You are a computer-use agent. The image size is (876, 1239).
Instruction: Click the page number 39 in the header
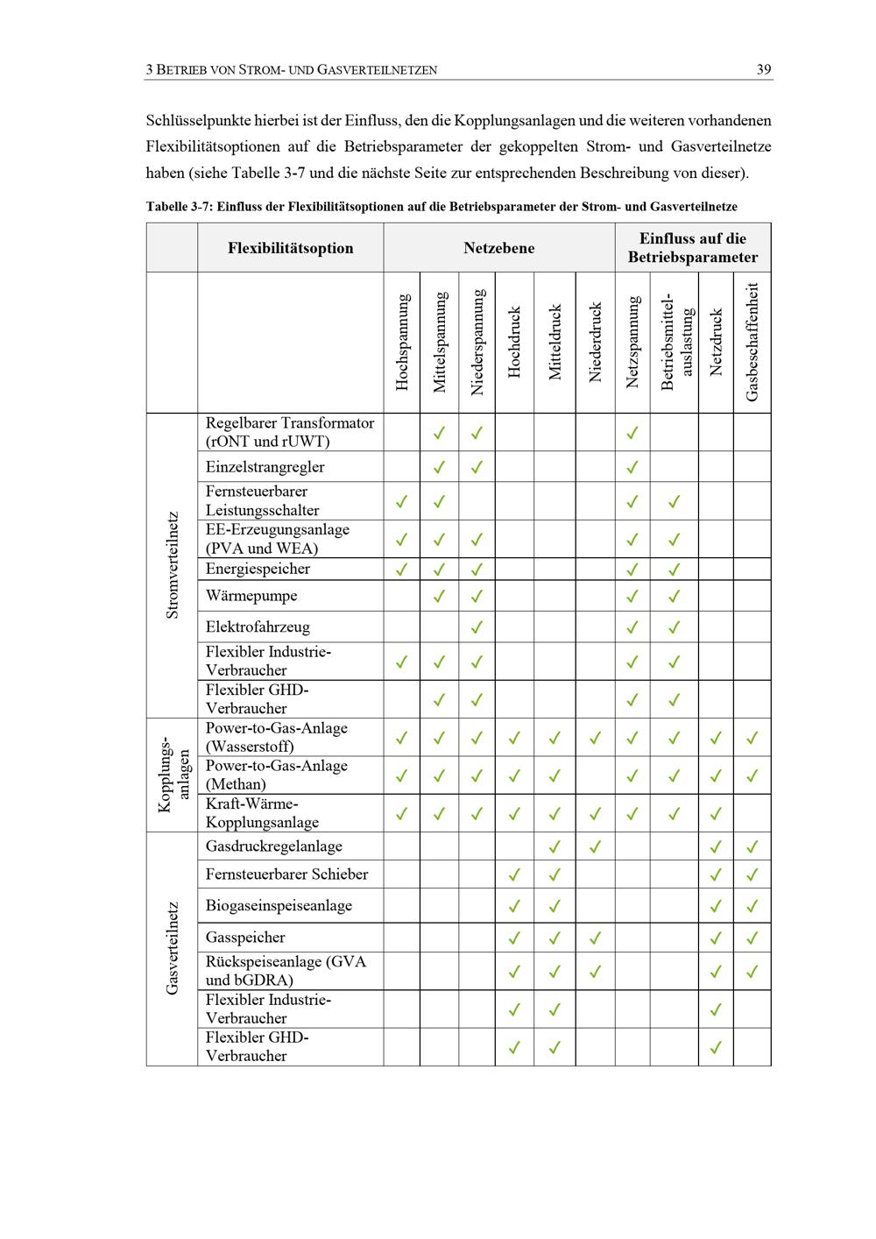(x=764, y=70)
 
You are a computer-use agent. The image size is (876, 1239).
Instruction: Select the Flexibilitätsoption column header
(x=290, y=248)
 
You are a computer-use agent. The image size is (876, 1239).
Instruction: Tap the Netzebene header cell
(x=498, y=248)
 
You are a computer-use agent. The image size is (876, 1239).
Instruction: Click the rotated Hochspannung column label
(x=402, y=342)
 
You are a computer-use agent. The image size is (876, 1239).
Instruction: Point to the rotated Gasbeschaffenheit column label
(x=752, y=342)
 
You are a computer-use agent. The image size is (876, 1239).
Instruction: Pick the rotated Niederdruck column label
(x=596, y=342)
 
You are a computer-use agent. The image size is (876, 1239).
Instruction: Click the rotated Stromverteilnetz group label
(x=172, y=565)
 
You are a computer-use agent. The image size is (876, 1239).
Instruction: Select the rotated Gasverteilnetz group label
(x=172, y=948)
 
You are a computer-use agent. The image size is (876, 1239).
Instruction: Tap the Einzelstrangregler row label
(x=265, y=467)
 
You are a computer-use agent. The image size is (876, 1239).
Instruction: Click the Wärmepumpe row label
(x=251, y=596)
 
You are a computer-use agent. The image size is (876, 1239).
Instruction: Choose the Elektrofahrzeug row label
(x=258, y=627)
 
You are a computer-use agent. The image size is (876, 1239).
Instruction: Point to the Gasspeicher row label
(x=245, y=938)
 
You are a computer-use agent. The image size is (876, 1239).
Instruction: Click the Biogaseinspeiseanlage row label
(x=279, y=905)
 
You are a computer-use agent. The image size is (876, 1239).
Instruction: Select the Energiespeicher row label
(x=258, y=569)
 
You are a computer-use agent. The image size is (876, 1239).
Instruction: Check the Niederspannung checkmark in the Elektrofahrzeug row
(x=477, y=627)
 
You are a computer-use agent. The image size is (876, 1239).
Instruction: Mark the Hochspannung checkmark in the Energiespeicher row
(x=402, y=570)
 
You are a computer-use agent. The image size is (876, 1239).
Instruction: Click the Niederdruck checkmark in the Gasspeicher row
(x=596, y=938)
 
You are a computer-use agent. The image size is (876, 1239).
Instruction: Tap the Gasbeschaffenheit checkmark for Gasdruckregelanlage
(x=752, y=847)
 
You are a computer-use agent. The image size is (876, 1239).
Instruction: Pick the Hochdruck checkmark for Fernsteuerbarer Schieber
(x=514, y=874)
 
